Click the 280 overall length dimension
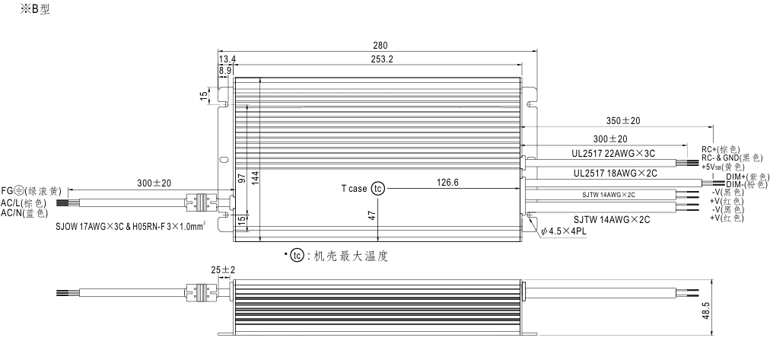[x=380, y=45]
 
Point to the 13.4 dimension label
[x=228, y=59]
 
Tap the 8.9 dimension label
[x=225, y=70]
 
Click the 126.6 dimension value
[x=447, y=183]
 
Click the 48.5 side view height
[x=706, y=311]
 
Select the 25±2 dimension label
[x=224, y=270]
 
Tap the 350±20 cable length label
[x=623, y=121]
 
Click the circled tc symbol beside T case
[x=377, y=189]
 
